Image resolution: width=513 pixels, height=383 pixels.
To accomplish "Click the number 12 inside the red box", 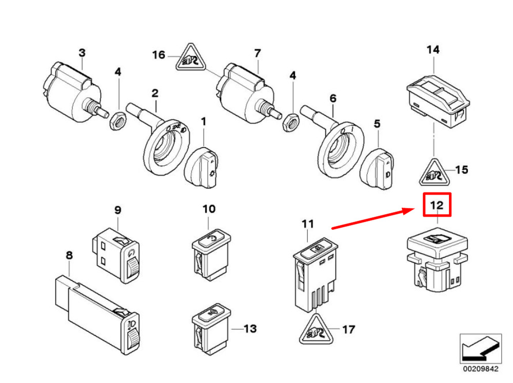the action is tap(437, 205).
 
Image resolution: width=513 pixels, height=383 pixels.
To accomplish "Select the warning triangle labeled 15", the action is tap(435, 174).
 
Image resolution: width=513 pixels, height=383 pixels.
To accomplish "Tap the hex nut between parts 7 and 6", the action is tap(291, 123).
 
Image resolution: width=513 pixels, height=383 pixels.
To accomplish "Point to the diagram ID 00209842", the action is tap(480, 369).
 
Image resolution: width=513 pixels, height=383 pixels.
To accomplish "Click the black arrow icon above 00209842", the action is tap(480, 348).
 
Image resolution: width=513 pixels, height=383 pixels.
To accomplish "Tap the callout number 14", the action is tap(433, 50).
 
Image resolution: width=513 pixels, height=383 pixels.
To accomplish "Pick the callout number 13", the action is tap(250, 329).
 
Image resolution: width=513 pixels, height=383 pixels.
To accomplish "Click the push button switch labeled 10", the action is tap(211, 255).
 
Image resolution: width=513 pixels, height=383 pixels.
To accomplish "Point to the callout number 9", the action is tap(117, 210).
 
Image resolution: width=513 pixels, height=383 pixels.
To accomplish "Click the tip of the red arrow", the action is tap(415, 209).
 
